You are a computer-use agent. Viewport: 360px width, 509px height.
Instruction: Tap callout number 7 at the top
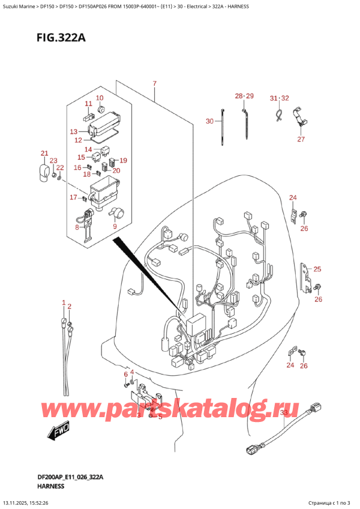coord(154,83)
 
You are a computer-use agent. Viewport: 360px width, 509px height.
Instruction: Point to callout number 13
coord(74,131)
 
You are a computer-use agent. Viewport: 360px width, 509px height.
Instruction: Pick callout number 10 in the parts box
coord(100,98)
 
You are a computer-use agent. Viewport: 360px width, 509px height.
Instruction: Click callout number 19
coord(123,160)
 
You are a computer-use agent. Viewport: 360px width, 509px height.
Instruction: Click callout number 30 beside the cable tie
coord(209,121)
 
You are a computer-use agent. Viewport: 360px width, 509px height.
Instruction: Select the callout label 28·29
coord(244,96)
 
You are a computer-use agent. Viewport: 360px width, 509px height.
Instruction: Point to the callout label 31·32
coord(279,98)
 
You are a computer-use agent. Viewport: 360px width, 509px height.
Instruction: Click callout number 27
coord(301,139)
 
